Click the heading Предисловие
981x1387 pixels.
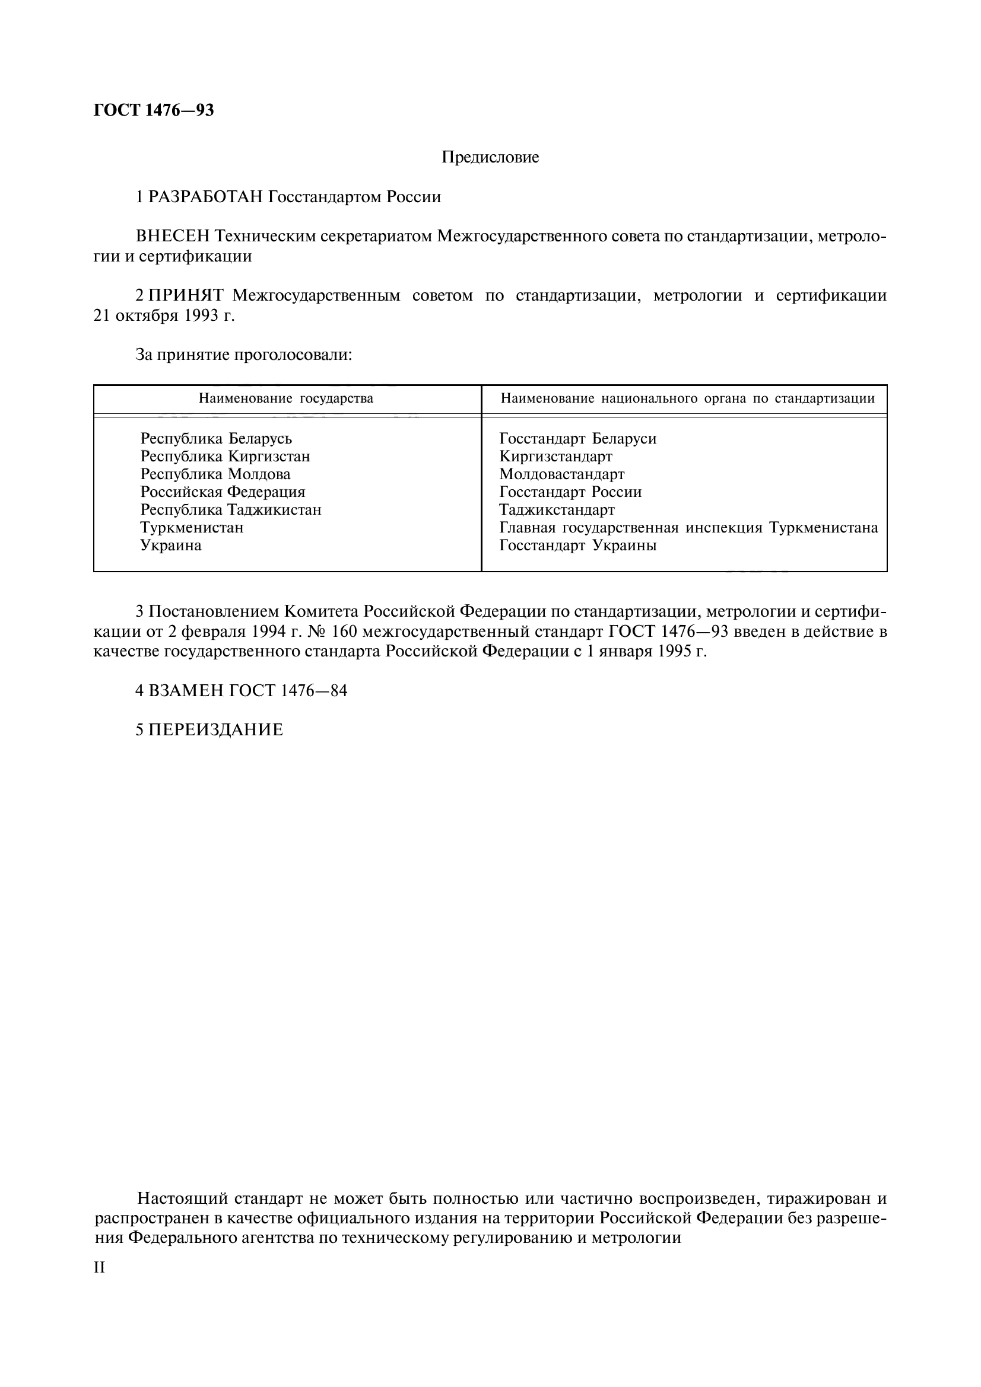click(490, 158)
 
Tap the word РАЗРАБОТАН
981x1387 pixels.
click(205, 197)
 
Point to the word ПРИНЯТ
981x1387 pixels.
click(186, 295)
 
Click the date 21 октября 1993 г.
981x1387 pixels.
click(164, 315)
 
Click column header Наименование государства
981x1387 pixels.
click(286, 398)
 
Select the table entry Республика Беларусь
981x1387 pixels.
click(216, 439)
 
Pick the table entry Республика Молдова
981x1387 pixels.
click(215, 474)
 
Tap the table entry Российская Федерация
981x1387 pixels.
click(223, 492)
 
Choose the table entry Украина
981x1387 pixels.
click(171, 546)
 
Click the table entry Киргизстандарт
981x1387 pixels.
click(555, 456)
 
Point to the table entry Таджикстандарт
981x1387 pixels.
click(557, 510)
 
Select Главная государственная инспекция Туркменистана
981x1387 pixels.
click(688, 528)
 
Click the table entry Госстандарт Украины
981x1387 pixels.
click(578, 546)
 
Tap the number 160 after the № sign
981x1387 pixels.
click(345, 632)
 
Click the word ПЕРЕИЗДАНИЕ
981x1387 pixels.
click(216, 730)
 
